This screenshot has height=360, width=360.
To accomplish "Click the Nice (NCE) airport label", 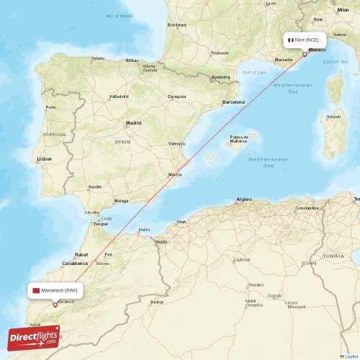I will [x=305, y=40].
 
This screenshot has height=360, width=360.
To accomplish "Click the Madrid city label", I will [x=133, y=123].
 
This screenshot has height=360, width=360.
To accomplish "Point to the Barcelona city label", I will [x=233, y=102].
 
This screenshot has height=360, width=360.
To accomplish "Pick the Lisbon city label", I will [x=45, y=158].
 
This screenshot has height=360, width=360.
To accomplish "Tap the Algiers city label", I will [x=244, y=199].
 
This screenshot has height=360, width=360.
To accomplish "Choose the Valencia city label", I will [x=176, y=144].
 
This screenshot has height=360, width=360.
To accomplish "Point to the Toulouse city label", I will [x=220, y=53].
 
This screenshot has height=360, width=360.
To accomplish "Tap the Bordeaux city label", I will [x=176, y=25].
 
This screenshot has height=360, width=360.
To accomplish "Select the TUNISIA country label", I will [x=333, y=256].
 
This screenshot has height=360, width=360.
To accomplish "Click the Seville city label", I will [x=94, y=186].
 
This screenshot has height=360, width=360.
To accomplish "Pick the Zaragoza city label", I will [x=177, y=96].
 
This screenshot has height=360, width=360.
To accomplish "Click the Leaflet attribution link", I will [x=351, y=356].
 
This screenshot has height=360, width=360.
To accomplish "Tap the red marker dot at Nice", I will [x=304, y=54].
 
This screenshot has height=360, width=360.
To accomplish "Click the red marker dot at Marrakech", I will [x=55, y=305].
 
